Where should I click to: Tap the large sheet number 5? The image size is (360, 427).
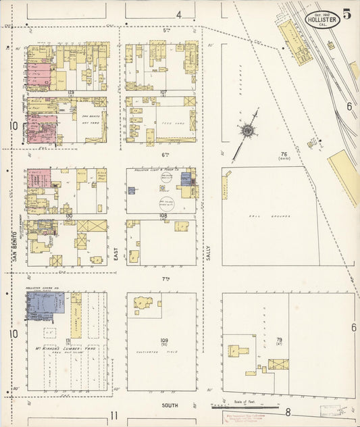[346, 14]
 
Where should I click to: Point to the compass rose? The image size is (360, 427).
[248, 130]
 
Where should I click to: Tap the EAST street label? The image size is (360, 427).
[115, 253]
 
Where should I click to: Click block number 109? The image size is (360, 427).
[163, 340]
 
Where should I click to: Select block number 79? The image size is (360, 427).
[279, 340]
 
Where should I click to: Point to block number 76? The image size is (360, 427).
[284, 155]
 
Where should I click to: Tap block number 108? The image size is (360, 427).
[163, 216]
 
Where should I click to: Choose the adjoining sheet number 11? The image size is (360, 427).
[114, 416]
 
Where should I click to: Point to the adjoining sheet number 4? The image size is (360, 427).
[179, 14]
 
